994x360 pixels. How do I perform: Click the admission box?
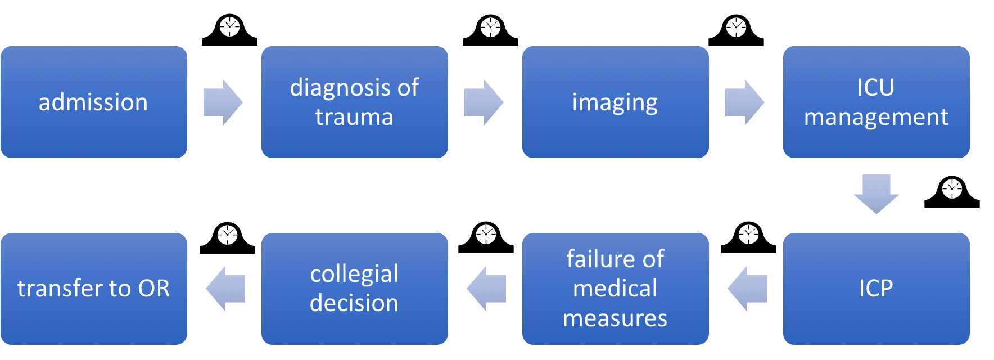click(x=93, y=102)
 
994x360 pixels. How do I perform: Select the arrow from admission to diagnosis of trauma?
click(x=223, y=102)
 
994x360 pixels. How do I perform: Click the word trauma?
click(x=354, y=117)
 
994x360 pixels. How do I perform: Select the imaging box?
click(x=615, y=102)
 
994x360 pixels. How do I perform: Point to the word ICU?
click(x=876, y=88)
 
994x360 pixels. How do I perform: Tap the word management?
click(x=876, y=117)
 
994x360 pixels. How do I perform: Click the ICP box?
click(x=876, y=289)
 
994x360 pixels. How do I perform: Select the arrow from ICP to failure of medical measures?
click(x=748, y=289)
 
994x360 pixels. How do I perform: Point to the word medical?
click(x=615, y=289)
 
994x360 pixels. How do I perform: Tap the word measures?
click(x=615, y=318)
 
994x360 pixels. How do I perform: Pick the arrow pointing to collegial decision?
click(x=487, y=289)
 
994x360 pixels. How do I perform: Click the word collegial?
click(x=354, y=274)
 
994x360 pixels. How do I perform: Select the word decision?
click(x=354, y=303)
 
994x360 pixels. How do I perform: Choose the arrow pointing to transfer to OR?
click(x=226, y=289)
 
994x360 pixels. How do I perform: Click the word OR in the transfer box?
click(x=154, y=289)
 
